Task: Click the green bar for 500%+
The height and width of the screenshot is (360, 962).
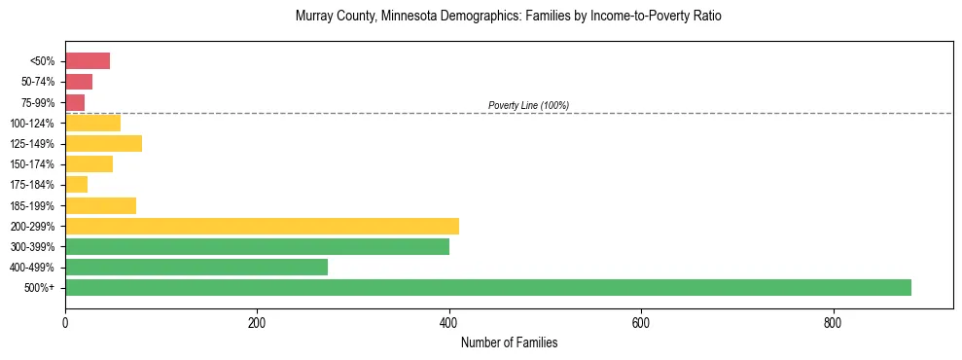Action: coord(487,288)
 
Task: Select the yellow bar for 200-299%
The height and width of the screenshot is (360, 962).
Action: coord(262,226)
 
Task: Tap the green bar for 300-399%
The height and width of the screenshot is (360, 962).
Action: coord(257,247)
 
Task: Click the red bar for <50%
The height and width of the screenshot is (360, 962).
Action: coord(88,61)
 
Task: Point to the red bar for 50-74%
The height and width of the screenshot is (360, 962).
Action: coord(79,82)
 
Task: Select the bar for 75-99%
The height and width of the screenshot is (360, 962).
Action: coord(75,102)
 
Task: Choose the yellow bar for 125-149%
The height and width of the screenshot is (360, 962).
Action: coord(103,144)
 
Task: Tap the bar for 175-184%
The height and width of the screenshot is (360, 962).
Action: coord(76,185)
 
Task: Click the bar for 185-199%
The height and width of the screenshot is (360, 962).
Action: coord(100,205)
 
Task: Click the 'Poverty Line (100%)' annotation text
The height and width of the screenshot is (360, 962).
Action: coord(528,105)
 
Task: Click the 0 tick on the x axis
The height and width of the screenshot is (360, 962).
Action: coord(65,323)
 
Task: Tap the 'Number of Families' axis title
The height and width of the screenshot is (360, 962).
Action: coord(509,343)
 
